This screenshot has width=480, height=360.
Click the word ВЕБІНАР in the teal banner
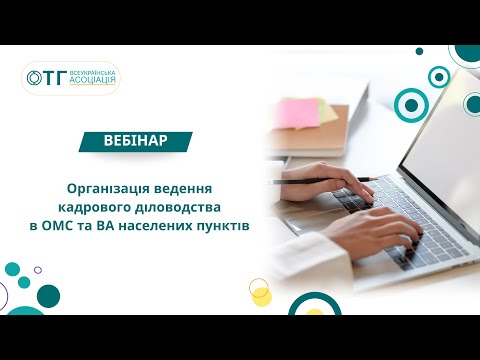135,141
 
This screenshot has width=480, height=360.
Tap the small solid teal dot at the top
438,76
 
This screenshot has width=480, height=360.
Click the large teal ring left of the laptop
411,103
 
